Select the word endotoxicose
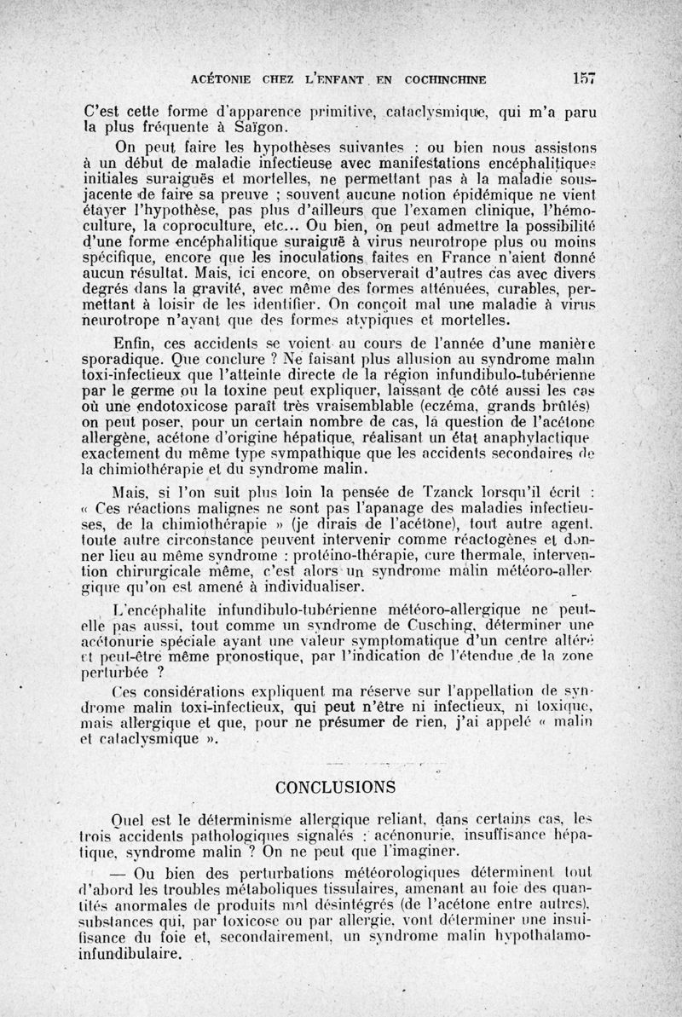(201, 404)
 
